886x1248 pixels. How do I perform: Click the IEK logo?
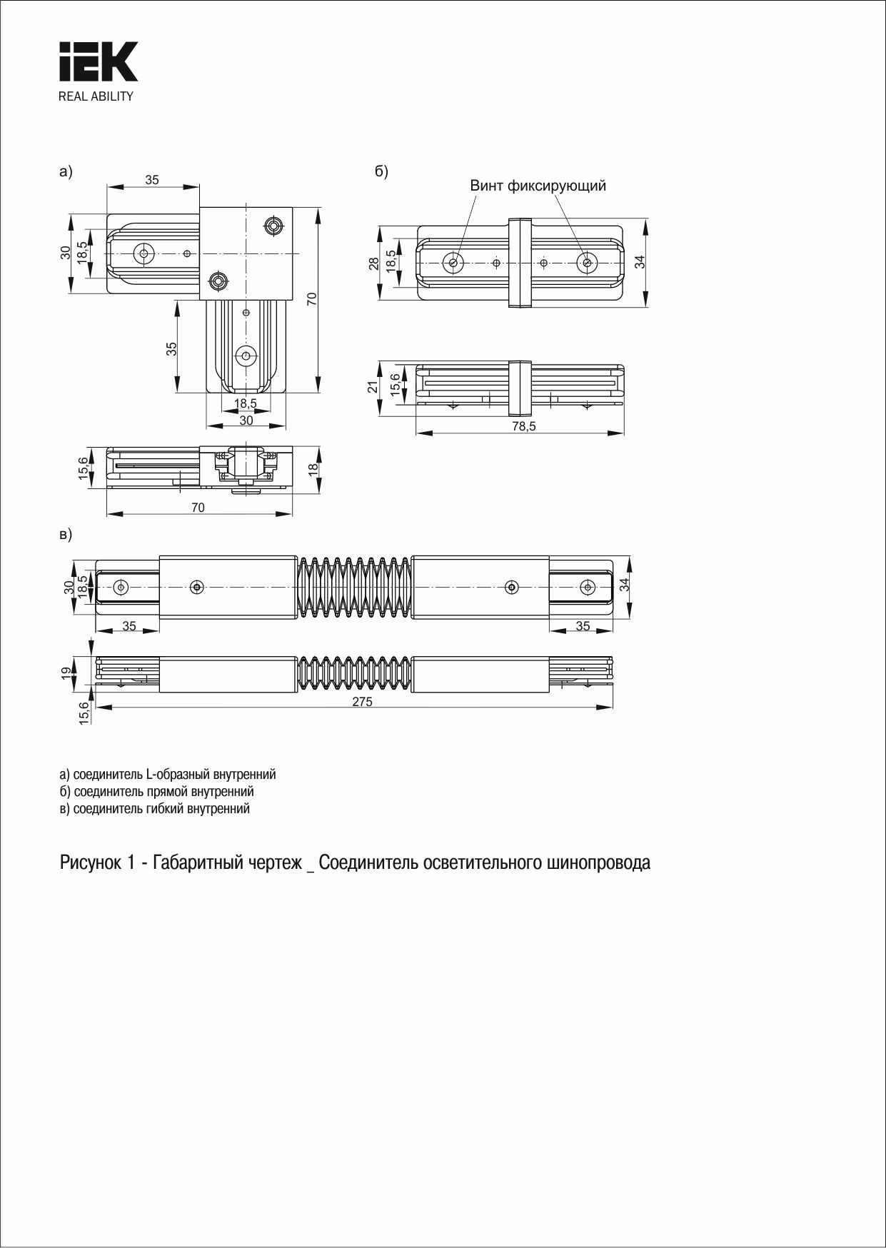98,62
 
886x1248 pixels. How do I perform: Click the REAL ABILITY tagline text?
96,96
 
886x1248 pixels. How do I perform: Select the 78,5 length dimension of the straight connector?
523,426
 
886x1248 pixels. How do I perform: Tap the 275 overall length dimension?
362,702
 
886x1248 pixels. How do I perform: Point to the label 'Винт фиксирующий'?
538,186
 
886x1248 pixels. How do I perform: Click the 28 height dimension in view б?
373,263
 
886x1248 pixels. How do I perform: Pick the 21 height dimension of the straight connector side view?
372,387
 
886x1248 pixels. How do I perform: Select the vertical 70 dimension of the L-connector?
312,299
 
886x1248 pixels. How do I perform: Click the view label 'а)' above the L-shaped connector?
66,172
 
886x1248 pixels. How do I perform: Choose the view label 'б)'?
381,172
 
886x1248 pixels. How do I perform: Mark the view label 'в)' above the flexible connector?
66,534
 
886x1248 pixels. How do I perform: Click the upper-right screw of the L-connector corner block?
273,226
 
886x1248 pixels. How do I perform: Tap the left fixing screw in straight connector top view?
453,263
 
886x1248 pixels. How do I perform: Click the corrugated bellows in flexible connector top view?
354,587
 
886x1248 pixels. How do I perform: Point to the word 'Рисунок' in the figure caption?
92,862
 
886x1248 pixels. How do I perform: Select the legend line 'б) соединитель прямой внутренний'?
156,792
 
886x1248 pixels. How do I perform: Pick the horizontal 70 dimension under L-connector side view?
198,508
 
